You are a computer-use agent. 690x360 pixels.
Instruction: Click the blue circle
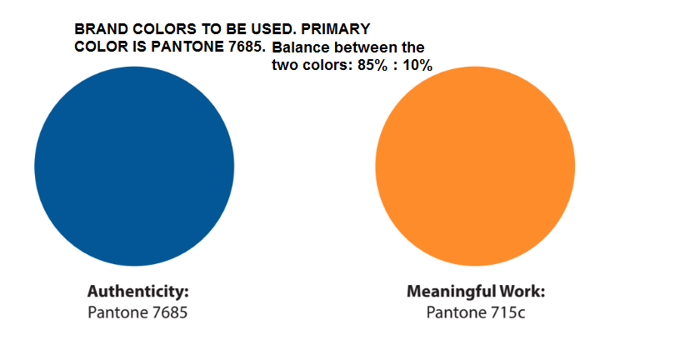tap(134, 166)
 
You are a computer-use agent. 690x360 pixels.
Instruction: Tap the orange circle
tap(475, 166)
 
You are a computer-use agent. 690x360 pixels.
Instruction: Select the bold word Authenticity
tap(138, 292)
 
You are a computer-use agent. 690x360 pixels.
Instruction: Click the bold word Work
tap(522, 292)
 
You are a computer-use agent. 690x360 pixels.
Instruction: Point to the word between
tap(365, 48)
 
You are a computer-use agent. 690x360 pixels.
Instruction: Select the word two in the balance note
tap(286, 66)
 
